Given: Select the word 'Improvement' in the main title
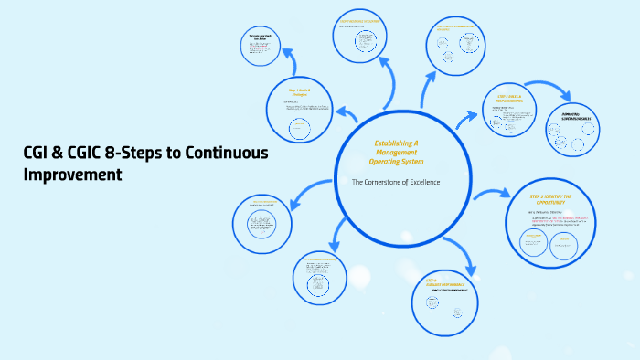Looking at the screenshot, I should click(x=72, y=173).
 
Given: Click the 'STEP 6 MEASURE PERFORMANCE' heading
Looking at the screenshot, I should click(x=444, y=282).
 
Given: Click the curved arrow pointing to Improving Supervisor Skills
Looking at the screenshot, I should click(x=545, y=88).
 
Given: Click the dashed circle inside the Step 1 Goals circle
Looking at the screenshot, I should click(x=302, y=130).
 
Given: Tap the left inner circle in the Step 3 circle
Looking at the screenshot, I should click(x=532, y=241).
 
